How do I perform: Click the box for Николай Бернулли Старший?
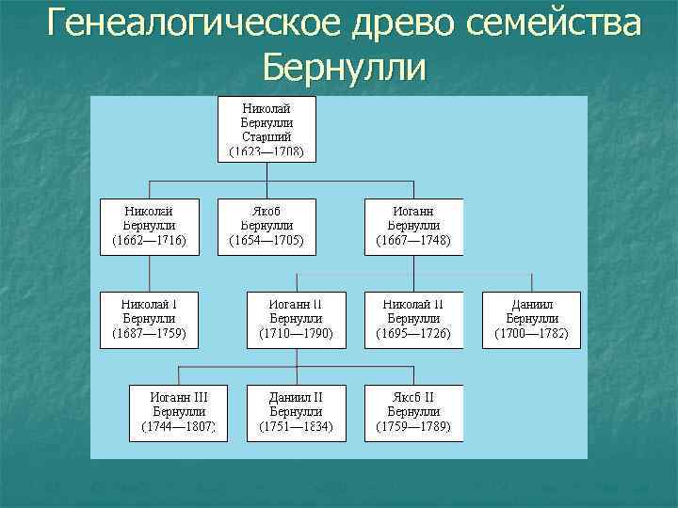[x=267, y=128]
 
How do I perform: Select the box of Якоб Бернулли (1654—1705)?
[x=267, y=226]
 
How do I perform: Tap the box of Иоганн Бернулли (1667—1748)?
[x=413, y=226]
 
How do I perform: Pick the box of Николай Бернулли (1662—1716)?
[x=149, y=226]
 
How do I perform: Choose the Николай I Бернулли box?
[x=149, y=319]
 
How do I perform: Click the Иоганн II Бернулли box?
[x=297, y=319]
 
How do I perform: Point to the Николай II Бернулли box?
[x=413, y=319]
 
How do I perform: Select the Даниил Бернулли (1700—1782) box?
[x=531, y=319]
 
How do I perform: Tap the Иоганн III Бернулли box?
[x=179, y=412]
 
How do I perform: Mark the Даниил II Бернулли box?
[x=297, y=412]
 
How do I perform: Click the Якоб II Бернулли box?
[x=413, y=412]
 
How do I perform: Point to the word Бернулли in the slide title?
[x=345, y=68]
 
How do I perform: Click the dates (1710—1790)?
[x=297, y=334]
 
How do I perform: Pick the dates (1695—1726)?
[x=413, y=334]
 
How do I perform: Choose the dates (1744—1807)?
[x=179, y=427]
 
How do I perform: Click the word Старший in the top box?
[x=267, y=136]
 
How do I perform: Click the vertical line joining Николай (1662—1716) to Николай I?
[x=150, y=273]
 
